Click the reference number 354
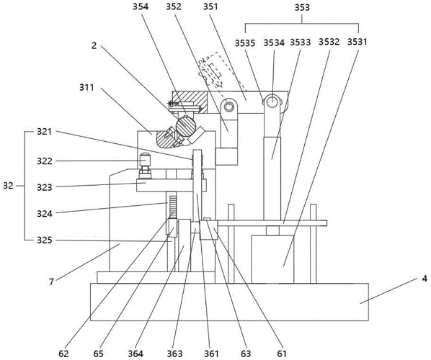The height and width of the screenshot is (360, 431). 141,6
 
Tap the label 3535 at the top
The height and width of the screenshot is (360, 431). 245,43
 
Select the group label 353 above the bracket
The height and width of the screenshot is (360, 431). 302,7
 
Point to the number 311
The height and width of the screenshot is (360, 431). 86,88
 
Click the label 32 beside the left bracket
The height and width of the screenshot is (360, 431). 8,186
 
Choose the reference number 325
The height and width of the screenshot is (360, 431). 45,240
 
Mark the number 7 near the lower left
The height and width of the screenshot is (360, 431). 51,282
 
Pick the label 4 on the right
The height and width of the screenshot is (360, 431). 425,279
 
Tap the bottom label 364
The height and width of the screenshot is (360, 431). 135,354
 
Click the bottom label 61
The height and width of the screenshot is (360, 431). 281,354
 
